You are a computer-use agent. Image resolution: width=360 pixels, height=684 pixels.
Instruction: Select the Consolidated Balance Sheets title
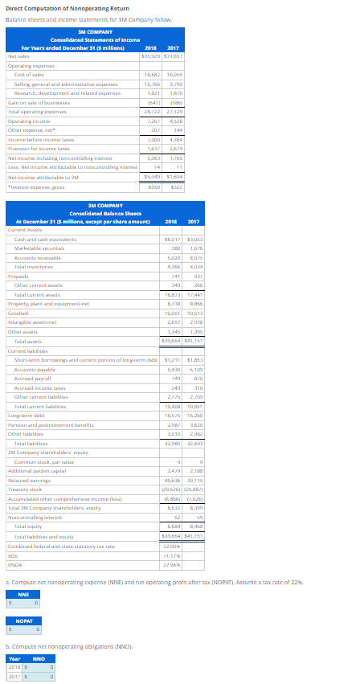96,213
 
